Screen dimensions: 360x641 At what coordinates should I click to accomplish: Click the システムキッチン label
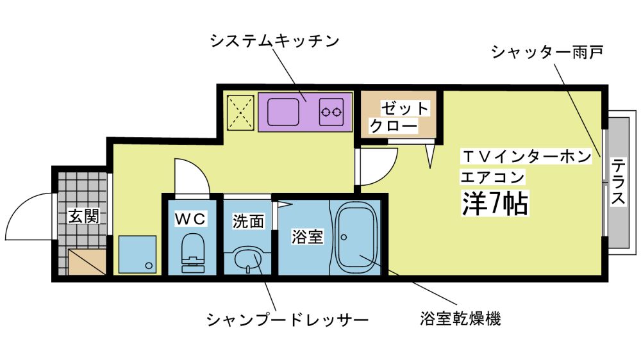point(274,41)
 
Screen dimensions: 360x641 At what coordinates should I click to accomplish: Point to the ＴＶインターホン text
point(526,156)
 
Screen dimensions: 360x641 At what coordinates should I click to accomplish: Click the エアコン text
point(492,176)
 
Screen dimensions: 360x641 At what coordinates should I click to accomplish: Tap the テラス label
point(618,182)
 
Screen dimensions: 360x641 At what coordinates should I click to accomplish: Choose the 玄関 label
point(83,216)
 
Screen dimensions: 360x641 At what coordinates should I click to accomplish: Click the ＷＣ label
point(191,219)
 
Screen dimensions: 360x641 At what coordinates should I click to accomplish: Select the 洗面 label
point(248,222)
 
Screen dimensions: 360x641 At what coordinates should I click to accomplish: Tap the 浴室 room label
point(307,236)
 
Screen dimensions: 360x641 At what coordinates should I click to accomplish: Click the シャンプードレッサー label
point(287,319)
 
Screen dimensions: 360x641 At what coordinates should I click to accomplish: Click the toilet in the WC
point(192,251)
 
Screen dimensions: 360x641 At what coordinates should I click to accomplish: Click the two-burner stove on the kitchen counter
point(331,112)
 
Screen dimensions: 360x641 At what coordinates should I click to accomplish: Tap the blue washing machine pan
point(137,254)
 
